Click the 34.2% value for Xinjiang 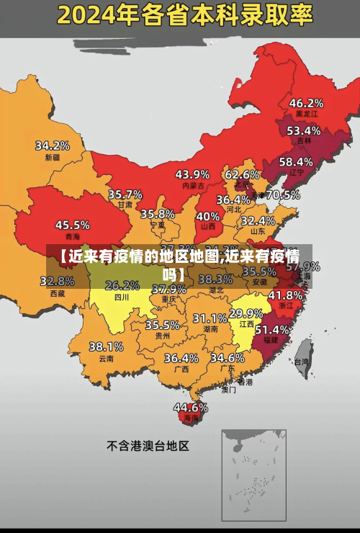pyautogui.click(x=53, y=145)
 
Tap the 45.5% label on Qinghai pyautogui.click(x=73, y=225)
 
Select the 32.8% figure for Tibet pyautogui.click(x=61, y=281)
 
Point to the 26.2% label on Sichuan pyautogui.click(x=122, y=285)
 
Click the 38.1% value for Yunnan pyautogui.click(x=106, y=346)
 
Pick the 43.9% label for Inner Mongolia pyautogui.click(x=192, y=174)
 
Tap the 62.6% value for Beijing pyautogui.click(x=242, y=174)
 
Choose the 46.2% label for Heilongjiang pyautogui.click(x=306, y=102)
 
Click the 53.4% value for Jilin pyautogui.click(x=303, y=130)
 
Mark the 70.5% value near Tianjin pyautogui.click(x=283, y=194)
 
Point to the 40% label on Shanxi pyautogui.click(x=208, y=215)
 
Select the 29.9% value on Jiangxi pyautogui.click(x=246, y=313)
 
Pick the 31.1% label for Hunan pyautogui.click(x=210, y=318)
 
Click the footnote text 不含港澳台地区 pyautogui.click(x=148, y=446)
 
